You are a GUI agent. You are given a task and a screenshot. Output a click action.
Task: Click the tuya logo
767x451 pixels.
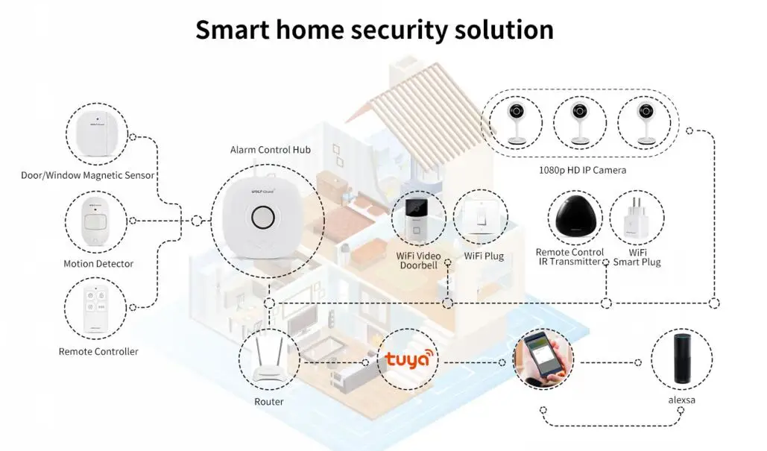pyautogui.click(x=408, y=359)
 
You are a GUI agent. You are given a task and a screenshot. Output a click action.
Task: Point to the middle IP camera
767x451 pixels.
pyautogui.click(x=581, y=122)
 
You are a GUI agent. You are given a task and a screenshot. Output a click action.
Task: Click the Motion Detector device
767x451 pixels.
pyautogui.click(x=95, y=222)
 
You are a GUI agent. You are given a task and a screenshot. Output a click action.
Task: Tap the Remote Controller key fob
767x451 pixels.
pyautogui.click(x=95, y=308)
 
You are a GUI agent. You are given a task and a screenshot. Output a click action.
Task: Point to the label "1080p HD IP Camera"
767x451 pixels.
pyautogui.click(x=582, y=171)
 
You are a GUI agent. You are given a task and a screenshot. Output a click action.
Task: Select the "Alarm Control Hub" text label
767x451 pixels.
pyautogui.click(x=270, y=150)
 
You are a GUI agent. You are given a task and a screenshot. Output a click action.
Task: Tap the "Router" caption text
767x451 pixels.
pyautogui.click(x=268, y=402)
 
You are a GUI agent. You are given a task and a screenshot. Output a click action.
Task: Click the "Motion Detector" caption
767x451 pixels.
pyautogui.click(x=98, y=264)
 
